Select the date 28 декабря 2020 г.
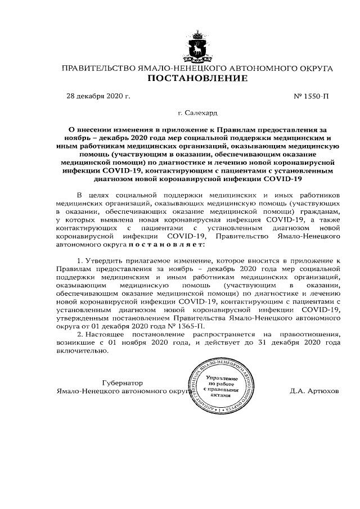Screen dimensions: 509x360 pos(98,96)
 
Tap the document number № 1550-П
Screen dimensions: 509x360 pos(312,96)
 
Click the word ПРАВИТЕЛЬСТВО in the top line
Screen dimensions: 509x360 pos(97,69)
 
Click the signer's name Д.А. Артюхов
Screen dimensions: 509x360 pos(315,390)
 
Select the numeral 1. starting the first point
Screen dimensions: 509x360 pos(79,262)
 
